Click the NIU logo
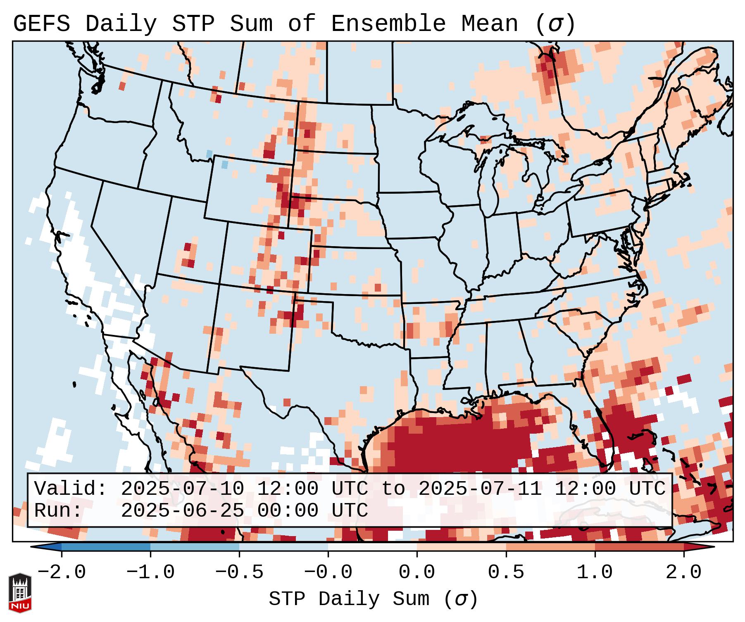coord(20,593)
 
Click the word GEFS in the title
coord(41,24)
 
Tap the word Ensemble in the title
coord(388,24)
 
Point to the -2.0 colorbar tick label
coord(62,572)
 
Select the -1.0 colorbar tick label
coord(150,572)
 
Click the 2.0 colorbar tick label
coord(684,572)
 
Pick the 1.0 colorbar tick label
coord(595,572)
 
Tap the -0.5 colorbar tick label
coord(239,572)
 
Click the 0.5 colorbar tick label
coord(506,572)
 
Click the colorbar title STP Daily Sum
coord(374,599)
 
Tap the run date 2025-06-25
coord(182,511)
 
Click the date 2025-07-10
coord(182,489)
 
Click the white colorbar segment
coord(372,547)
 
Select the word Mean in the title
coord(489,24)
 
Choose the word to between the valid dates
coord(393,489)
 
